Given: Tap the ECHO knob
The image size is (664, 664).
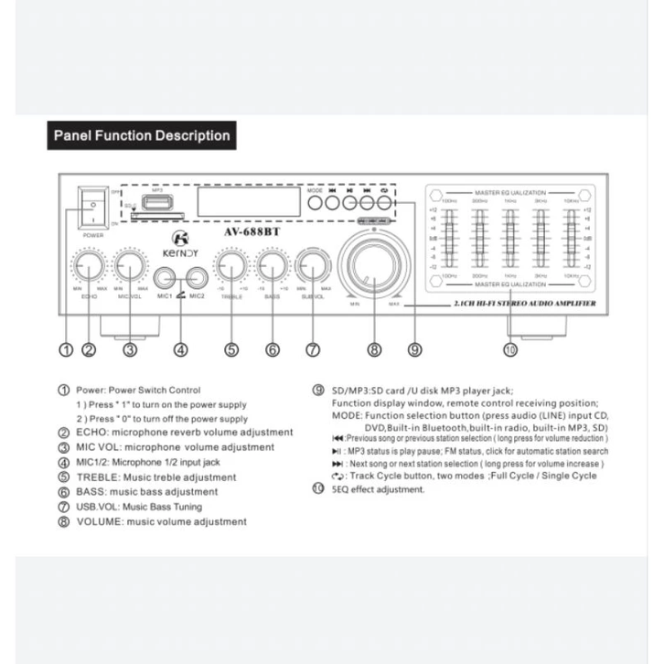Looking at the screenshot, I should pyautogui.click(x=89, y=266).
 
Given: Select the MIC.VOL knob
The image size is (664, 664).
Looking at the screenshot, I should pyautogui.click(x=130, y=266).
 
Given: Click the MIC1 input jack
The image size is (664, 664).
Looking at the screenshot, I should pyautogui.click(x=166, y=278).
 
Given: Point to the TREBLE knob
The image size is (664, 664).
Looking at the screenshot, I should pyautogui.click(x=230, y=266).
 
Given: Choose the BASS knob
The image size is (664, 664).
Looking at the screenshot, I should pyautogui.click(x=272, y=266).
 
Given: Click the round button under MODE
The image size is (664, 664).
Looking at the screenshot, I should pyautogui.click(x=315, y=203).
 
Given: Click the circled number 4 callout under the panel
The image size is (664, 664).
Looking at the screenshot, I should pyautogui.click(x=180, y=348).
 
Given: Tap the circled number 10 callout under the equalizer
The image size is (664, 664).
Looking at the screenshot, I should pyautogui.click(x=509, y=348).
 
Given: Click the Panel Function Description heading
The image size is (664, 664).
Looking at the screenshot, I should pyautogui.click(x=141, y=136).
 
